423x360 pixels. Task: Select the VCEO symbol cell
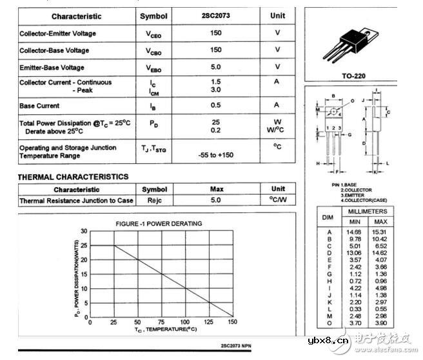coord(154,34)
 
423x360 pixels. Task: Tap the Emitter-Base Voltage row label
coord(52,67)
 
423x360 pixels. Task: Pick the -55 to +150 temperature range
coord(216,155)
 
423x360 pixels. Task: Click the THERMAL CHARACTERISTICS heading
coord(73,177)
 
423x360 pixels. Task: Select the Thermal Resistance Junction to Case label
coord(76,201)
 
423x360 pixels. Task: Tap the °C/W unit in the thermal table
coord(278,201)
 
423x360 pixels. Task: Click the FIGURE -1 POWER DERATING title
coord(158,224)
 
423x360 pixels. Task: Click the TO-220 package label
coord(353,76)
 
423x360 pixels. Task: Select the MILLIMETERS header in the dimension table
coord(368,212)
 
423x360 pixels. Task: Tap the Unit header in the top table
coord(278,15)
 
